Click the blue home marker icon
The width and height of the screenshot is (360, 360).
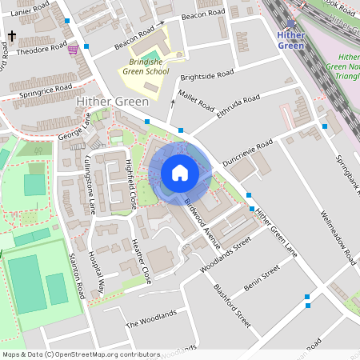pos(179,172)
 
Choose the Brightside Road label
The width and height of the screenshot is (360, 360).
pos(206,75)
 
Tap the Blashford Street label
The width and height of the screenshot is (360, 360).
pos(232,306)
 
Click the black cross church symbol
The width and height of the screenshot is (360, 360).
pos(11,36)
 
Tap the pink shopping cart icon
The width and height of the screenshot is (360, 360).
pos(73,49)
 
